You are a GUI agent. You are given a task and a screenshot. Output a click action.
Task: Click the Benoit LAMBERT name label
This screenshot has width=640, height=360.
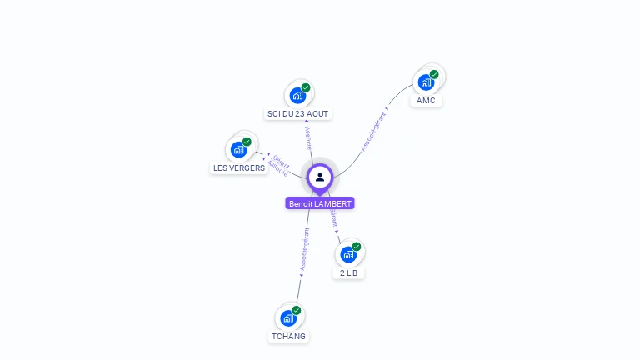tap(320, 203)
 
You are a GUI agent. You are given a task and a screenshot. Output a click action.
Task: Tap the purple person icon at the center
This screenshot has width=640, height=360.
tap(320, 177)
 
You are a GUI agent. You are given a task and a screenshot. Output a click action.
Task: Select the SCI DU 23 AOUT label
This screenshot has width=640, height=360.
tap(298, 113)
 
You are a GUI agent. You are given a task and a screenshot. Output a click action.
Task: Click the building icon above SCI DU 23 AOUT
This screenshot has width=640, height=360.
tap(297, 96)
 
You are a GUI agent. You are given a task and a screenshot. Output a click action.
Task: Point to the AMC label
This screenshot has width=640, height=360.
tap(426, 101)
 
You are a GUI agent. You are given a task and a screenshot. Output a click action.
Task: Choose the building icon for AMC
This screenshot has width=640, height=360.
tap(427, 82)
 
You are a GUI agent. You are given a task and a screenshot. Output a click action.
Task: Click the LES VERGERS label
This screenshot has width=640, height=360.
tap(239, 167)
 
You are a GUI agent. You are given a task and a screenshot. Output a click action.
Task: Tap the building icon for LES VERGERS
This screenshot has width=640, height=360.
tap(239, 150)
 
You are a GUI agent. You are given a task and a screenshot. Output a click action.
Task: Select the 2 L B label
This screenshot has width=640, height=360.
tap(348, 272)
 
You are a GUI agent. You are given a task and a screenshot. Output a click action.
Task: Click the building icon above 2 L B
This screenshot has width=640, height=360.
tap(348, 254)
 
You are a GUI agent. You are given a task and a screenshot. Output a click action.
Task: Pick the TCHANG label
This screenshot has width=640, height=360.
tap(288, 337)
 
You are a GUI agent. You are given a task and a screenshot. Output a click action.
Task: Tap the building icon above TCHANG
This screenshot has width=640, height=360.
tap(288, 317)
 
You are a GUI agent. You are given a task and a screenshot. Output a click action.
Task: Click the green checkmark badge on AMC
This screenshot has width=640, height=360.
tap(434, 74)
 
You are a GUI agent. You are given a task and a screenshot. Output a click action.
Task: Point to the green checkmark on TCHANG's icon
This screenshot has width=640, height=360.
tap(297, 310)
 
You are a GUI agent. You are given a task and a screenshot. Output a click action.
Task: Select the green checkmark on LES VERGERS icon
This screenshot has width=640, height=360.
tap(247, 142)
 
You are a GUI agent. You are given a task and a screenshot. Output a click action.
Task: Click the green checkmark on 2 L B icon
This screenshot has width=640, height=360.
tap(357, 247)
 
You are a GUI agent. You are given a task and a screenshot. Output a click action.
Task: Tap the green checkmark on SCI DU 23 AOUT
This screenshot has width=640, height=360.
tap(306, 87)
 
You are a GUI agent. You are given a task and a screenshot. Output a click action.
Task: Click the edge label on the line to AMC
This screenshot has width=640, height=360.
tap(375, 130)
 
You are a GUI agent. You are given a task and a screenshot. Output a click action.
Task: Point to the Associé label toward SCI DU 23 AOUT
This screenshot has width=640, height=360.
tap(307, 137)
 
